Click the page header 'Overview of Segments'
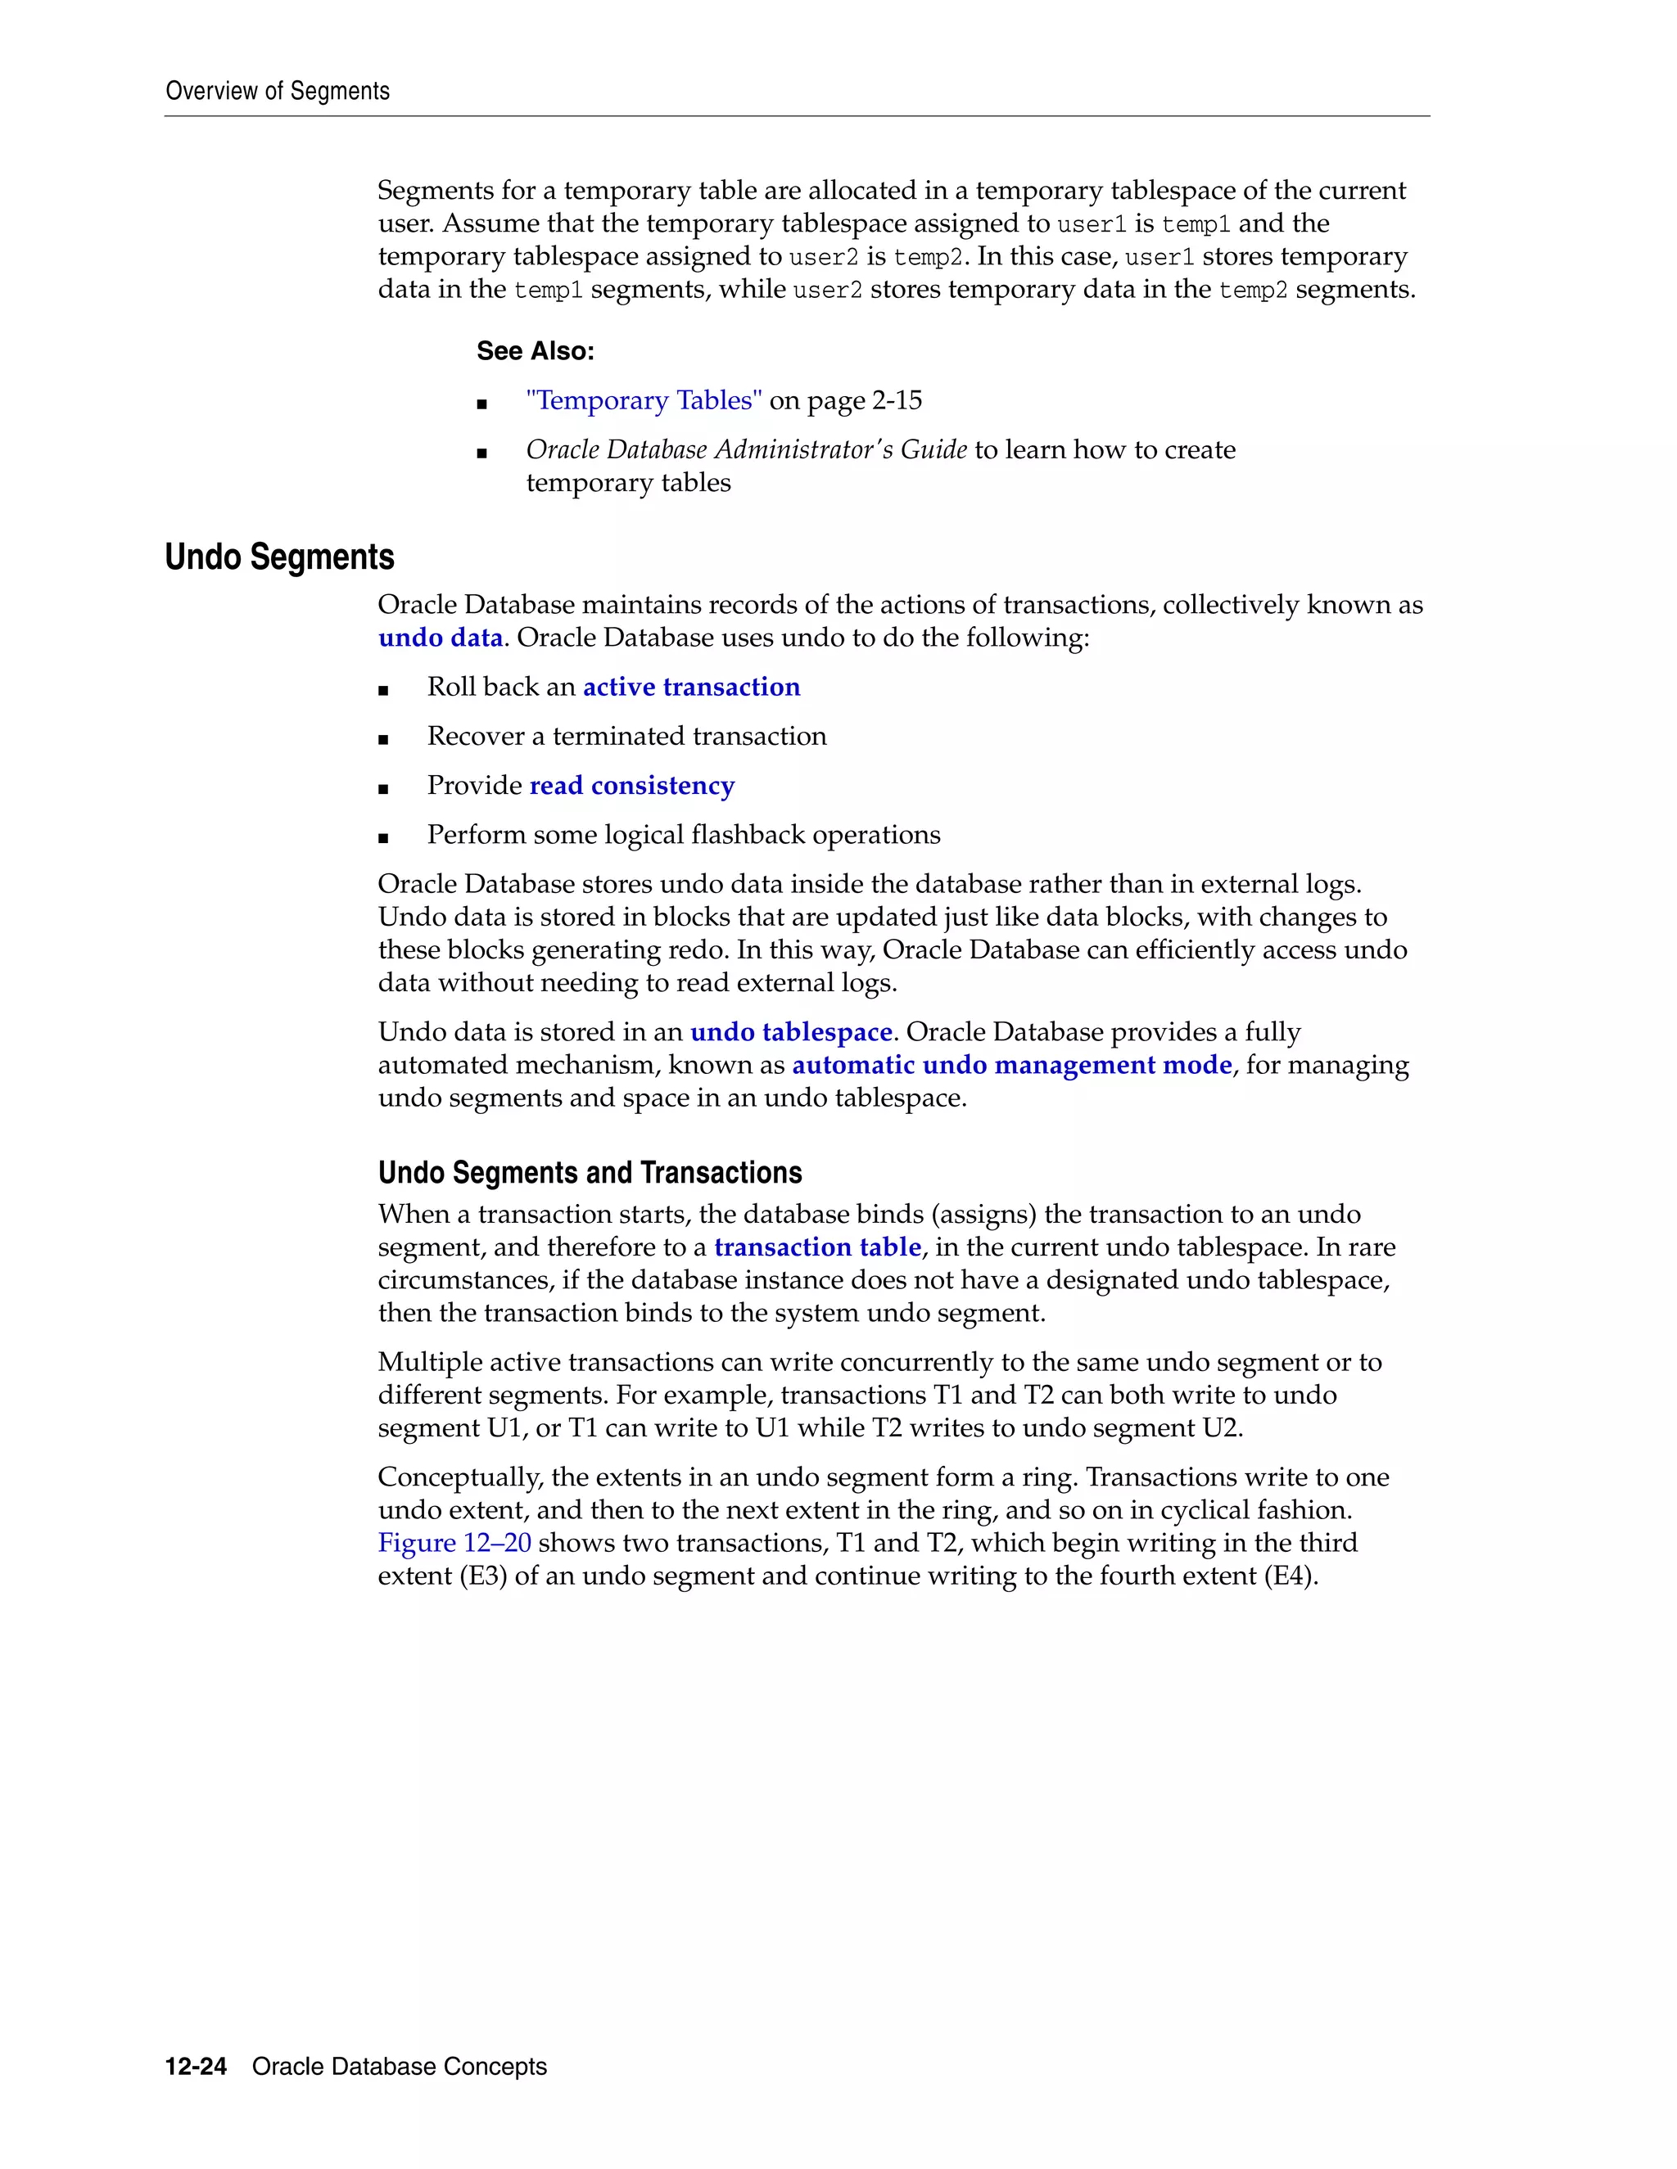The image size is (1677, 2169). (x=278, y=92)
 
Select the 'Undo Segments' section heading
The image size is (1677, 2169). (x=279, y=557)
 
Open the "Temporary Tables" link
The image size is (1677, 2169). (x=644, y=400)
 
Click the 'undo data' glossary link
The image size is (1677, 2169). (x=440, y=638)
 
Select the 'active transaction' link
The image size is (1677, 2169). (x=690, y=688)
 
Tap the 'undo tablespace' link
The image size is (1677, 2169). (x=791, y=1032)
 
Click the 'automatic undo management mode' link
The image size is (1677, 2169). (x=1011, y=1065)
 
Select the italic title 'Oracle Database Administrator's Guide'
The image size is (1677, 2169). (x=746, y=450)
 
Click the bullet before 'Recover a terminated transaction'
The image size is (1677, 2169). (x=383, y=739)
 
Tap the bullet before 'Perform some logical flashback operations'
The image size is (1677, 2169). (x=383, y=837)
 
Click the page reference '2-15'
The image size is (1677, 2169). (x=896, y=400)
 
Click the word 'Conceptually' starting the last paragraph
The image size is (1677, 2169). (x=460, y=1477)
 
